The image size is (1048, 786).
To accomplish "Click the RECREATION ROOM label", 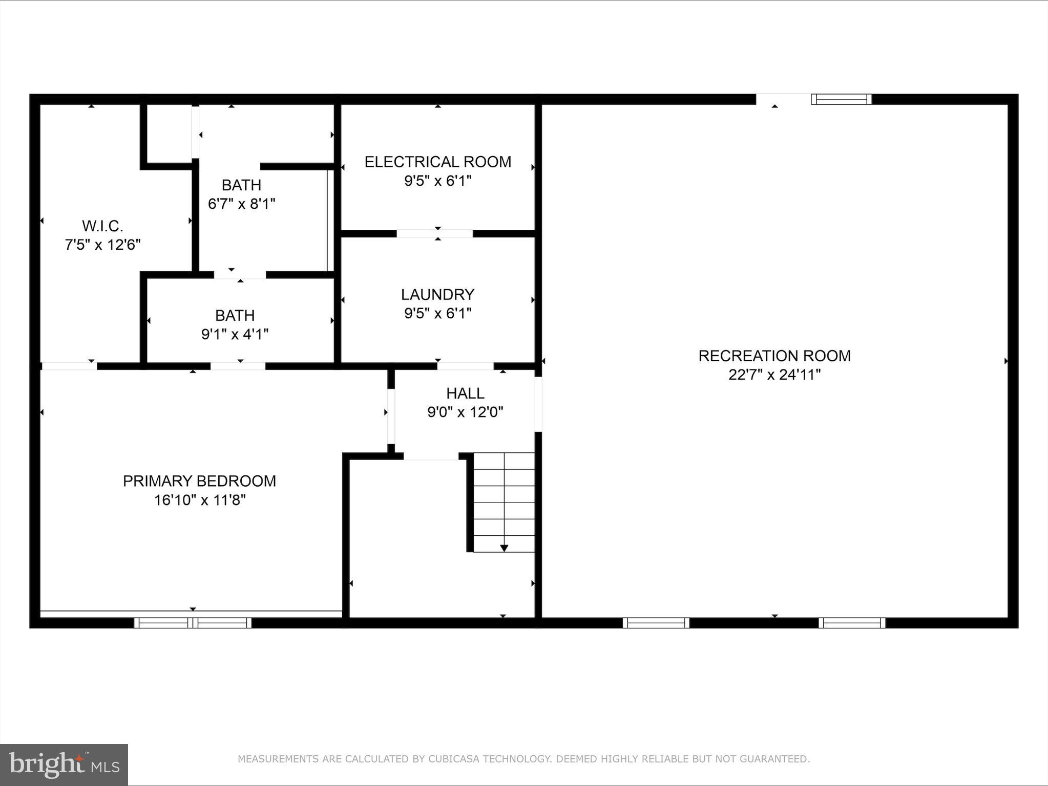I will (774, 356).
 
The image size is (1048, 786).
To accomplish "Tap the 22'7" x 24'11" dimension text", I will (774, 375).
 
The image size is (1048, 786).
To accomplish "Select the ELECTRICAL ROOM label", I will (437, 162).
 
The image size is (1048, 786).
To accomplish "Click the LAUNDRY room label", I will (437, 294).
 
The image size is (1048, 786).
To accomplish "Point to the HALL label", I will (465, 393).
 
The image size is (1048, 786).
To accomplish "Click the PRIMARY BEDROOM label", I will (199, 481).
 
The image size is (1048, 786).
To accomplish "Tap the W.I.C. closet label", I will (102, 226).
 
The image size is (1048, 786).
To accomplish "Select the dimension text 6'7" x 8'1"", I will (241, 204).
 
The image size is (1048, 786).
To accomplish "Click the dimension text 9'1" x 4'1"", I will (235, 335).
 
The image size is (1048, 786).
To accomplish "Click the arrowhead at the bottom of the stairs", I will (504, 548).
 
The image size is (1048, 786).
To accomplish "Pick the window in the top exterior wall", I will (841, 99).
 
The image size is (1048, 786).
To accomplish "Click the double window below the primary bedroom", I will (193, 623).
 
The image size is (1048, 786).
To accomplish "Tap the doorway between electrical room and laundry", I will (434, 234).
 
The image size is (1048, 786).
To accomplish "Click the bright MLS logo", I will (64, 765).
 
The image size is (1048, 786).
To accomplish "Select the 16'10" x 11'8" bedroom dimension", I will (200, 500).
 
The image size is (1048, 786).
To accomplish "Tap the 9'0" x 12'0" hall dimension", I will (465, 412).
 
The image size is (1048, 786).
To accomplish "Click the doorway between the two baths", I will (240, 275).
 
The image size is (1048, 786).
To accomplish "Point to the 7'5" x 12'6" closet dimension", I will (102, 245).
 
